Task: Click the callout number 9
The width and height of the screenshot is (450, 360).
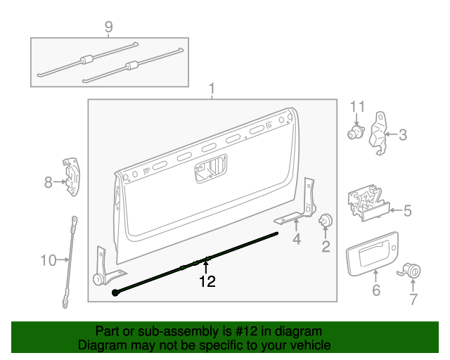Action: pyautogui.click(x=108, y=27)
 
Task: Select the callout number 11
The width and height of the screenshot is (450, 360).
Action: pyautogui.click(x=358, y=107)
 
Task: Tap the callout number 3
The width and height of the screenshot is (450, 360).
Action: pyautogui.click(x=402, y=134)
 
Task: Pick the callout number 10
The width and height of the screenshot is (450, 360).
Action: pyautogui.click(x=48, y=261)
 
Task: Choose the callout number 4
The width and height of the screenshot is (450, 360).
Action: pyautogui.click(x=296, y=239)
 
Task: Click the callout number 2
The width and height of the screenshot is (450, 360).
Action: pyautogui.click(x=326, y=245)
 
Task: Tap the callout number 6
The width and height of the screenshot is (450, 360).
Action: pyautogui.click(x=375, y=290)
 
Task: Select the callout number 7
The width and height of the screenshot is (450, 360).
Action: pyautogui.click(x=413, y=299)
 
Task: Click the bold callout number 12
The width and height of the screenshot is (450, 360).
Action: pyautogui.click(x=207, y=282)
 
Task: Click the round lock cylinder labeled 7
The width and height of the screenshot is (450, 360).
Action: pyautogui.click(x=413, y=271)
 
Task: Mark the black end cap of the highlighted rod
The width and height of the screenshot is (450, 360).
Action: pyautogui.click(x=115, y=293)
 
